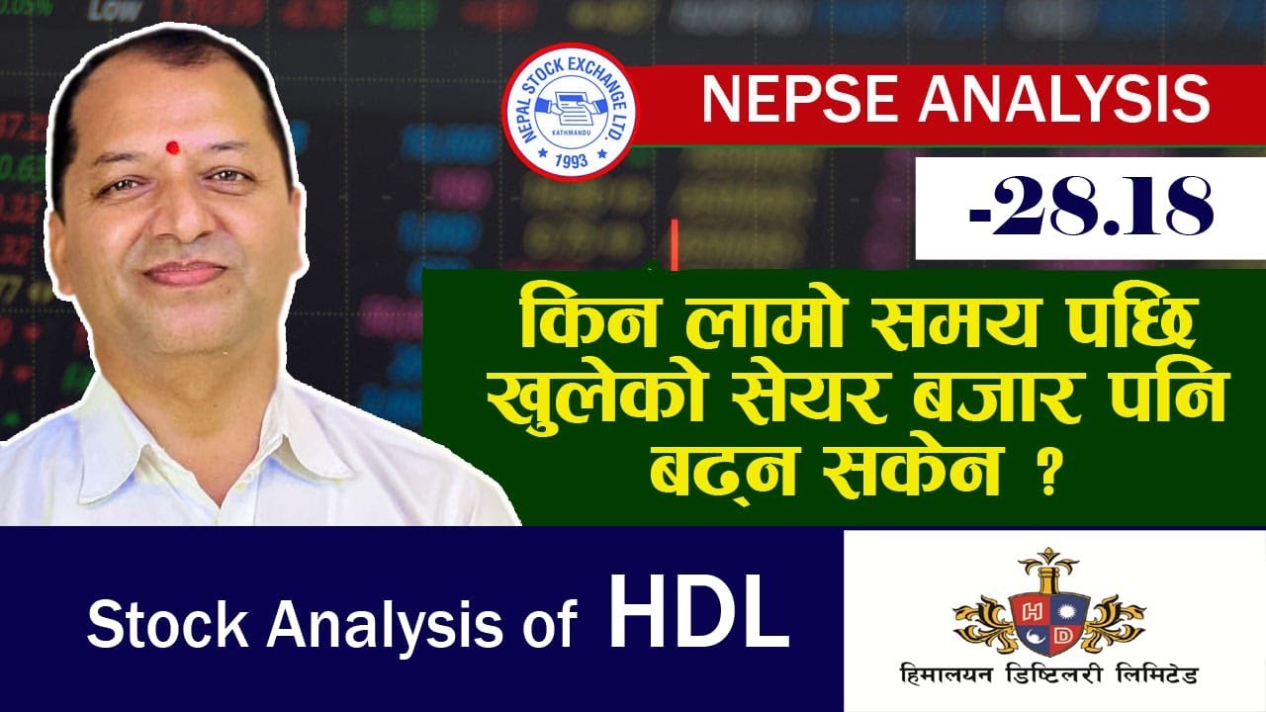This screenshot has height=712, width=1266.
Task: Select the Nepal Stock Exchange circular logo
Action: point(570,111)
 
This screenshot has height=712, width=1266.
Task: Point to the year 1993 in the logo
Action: point(571,157)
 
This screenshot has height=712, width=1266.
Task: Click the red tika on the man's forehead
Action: point(174,147)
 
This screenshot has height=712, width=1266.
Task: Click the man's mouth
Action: point(185,273)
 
